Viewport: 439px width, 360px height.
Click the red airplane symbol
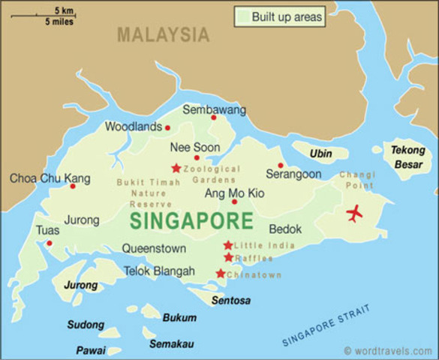[x=354, y=214]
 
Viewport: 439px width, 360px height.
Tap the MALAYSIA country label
[x=164, y=34]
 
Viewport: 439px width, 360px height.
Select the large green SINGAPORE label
[x=191, y=221]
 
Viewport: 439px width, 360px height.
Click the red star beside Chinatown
[x=220, y=274]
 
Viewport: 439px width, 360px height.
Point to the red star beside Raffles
[x=228, y=258]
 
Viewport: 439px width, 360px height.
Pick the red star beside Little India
[x=227, y=245]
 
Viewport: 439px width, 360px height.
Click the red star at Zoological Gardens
[x=176, y=168]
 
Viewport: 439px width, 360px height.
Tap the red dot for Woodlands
[x=167, y=127]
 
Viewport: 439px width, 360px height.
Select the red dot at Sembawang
[x=213, y=117]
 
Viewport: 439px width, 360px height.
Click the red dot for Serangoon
[x=281, y=166]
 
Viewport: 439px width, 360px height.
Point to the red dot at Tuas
[x=50, y=243]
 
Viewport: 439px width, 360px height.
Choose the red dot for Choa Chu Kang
[x=73, y=186]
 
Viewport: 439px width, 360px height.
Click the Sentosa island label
[x=231, y=301]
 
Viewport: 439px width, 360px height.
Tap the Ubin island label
[x=320, y=154]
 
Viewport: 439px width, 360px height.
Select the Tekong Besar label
[x=407, y=156]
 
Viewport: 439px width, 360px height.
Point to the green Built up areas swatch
[x=242, y=16]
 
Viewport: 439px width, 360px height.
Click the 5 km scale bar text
[x=64, y=10]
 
